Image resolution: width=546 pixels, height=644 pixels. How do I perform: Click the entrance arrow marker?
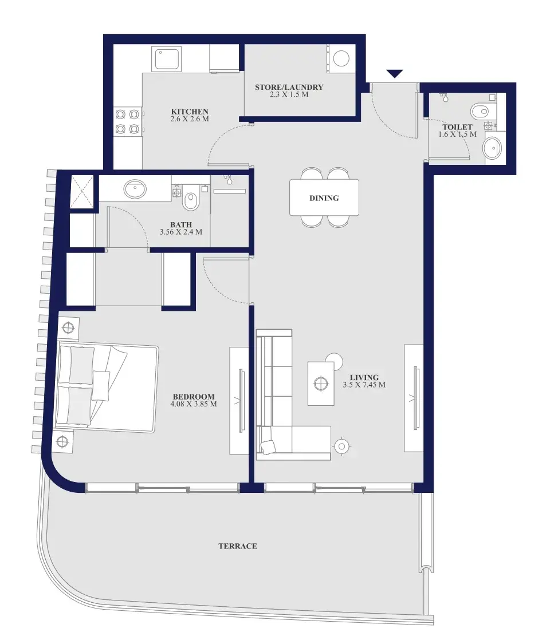[x=395, y=73]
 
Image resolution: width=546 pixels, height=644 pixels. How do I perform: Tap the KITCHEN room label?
[x=190, y=112]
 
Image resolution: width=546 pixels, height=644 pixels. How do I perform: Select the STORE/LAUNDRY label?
[x=289, y=87]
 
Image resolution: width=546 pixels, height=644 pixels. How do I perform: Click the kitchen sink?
[x=166, y=58]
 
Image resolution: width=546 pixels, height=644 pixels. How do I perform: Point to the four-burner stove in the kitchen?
[x=127, y=121]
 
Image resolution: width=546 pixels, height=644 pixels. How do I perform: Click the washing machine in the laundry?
[x=341, y=59]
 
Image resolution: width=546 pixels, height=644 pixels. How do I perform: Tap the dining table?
[x=324, y=197]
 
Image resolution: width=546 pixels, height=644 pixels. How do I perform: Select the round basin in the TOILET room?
[x=492, y=148]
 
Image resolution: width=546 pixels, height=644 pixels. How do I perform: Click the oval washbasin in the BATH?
[x=135, y=189]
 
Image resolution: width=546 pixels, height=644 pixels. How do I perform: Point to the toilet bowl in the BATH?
[x=190, y=201]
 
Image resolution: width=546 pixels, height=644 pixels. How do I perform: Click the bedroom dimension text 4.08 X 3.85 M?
[x=194, y=404]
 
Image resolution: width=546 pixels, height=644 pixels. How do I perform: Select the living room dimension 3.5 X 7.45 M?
[x=364, y=385]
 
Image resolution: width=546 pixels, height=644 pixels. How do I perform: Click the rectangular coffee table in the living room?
[x=321, y=383]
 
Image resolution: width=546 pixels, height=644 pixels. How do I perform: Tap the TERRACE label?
[x=238, y=546]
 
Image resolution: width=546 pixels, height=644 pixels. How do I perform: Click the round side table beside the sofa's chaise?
[x=341, y=445]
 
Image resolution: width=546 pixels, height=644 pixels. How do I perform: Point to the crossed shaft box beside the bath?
[x=83, y=192]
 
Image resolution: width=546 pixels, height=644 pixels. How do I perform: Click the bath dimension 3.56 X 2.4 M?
[x=181, y=232]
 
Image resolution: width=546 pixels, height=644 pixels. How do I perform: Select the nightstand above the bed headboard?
[x=68, y=328]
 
